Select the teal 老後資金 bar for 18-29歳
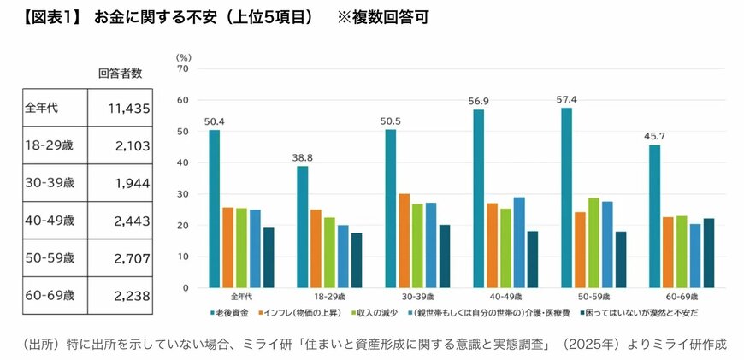[x=302, y=227]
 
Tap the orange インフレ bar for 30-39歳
[x=404, y=240]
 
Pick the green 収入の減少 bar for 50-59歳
[x=593, y=243]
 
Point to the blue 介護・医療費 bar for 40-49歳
[x=519, y=242]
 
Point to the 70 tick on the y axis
[x=182, y=68]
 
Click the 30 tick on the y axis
[x=182, y=194]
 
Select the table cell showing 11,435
[x=127, y=108]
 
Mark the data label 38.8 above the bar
[x=302, y=157]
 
